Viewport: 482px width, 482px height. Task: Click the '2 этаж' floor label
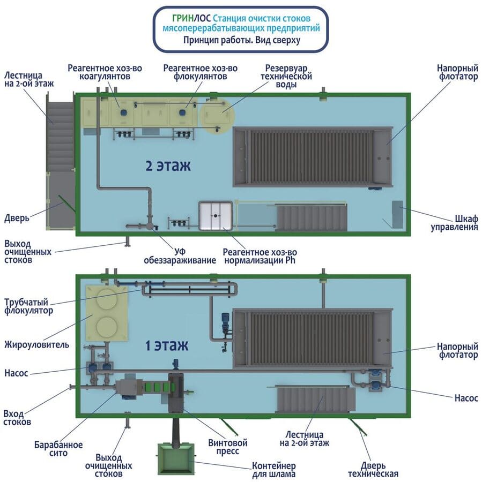click(x=168, y=165)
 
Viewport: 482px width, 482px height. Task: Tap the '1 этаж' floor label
click(x=166, y=345)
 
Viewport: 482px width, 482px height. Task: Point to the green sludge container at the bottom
click(x=175, y=458)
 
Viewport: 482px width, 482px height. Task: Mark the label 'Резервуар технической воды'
click(x=289, y=77)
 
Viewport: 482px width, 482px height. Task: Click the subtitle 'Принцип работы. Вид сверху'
click(x=241, y=40)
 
